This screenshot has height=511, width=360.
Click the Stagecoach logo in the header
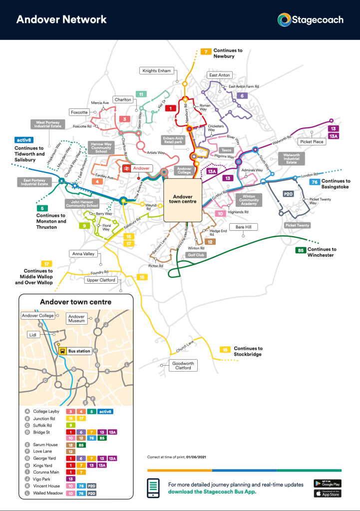[x=311, y=20]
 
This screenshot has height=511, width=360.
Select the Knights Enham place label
[x=156, y=71]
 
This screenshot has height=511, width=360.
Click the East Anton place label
[x=219, y=75]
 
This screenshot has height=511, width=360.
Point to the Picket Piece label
[x=312, y=142]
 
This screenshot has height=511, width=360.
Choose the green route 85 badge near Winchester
[x=300, y=250]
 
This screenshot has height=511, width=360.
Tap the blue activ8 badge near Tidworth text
[x=24, y=140]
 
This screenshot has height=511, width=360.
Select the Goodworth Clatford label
[x=183, y=365]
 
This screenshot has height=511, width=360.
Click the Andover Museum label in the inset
[x=77, y=319]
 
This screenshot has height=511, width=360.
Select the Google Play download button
[x=327, y=483]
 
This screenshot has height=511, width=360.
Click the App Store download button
[x=327, y=494]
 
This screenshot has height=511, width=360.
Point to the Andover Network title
[x=61, y=19]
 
